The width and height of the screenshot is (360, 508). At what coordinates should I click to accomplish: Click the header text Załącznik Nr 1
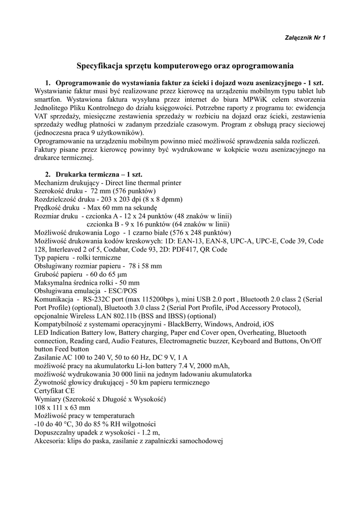(304, 38)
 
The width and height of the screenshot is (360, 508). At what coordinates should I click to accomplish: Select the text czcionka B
(106, 224)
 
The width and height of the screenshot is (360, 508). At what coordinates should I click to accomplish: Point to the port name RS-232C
(99, 300)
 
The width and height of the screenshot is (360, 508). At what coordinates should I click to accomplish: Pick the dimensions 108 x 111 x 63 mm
(63, 407)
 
